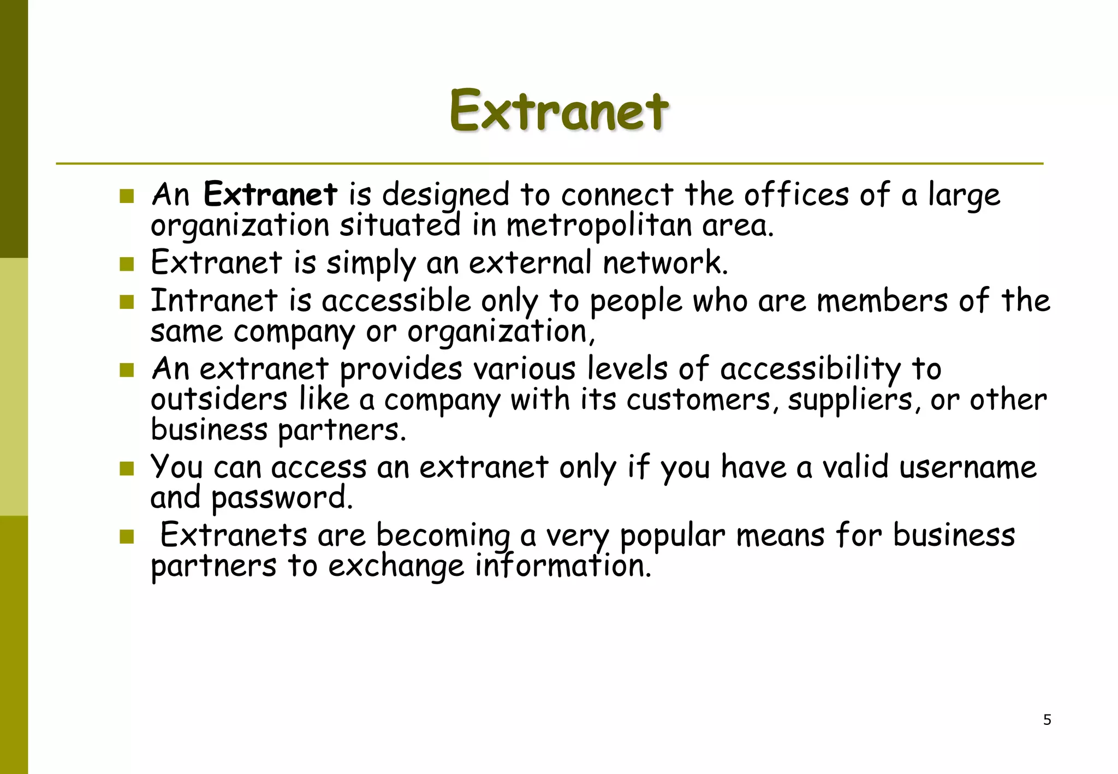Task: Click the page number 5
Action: (1047, 720)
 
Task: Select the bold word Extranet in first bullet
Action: (270, 194)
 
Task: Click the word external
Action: (530, 263)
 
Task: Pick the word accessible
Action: (396, 301)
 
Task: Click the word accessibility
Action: (810, 369)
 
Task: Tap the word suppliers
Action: (849, 401)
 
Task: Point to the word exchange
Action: (396, 567)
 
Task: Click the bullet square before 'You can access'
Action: (127, 468)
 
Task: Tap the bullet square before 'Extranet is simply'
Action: (127, 264)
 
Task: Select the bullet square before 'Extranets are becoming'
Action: (127, 537)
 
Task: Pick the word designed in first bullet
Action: (445, 195)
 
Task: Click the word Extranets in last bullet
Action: (234, 535)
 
